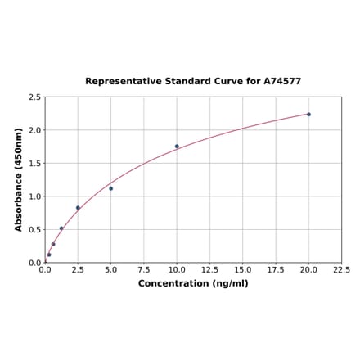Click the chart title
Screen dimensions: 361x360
point(193,82)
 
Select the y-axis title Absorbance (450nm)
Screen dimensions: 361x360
point(19,179)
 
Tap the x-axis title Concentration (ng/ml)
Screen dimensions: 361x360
point(193,283)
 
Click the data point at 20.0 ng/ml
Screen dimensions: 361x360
point(308,114)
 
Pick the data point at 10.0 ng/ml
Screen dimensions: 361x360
point(177,147)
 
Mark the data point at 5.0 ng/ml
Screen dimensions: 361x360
point(111,188)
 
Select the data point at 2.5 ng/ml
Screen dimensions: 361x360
point(78,208)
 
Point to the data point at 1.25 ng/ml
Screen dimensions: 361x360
point(61,228)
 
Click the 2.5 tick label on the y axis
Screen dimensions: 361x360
point(35,97)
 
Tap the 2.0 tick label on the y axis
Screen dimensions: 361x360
point(35,130)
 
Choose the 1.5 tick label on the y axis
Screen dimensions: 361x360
point(35,164)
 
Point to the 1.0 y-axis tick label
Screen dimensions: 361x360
point(35,196)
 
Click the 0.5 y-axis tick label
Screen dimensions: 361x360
point(35,230)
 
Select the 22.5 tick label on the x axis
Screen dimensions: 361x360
point(341,269)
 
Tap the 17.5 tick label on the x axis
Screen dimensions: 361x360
point(276,269)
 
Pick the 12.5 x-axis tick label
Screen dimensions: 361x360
point(209,269)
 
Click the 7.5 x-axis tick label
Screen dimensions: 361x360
point(144,269)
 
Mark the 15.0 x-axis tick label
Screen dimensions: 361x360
point(243,269)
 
